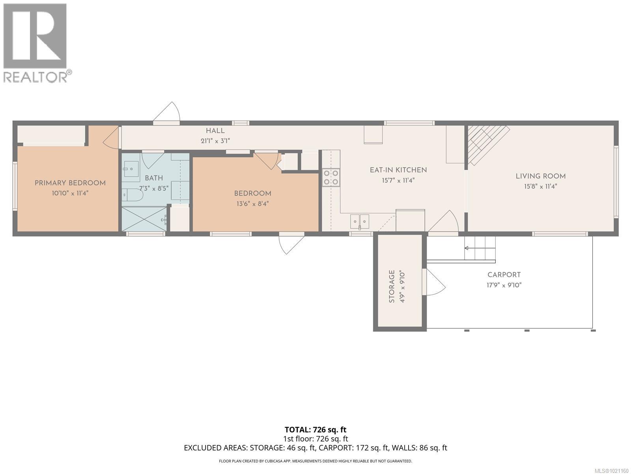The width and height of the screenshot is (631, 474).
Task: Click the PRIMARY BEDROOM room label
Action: tap(70, 183)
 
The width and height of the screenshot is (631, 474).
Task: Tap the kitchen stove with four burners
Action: tap(331, 177)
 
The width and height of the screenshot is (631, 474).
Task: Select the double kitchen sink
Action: tap(360, 221)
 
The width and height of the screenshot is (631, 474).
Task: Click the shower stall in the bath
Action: tap(144, 219)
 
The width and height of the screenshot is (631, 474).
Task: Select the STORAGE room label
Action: tap(392, 286)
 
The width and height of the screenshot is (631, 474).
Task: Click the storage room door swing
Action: tap(435, 282)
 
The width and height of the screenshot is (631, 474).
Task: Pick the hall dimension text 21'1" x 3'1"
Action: tap(215, 141)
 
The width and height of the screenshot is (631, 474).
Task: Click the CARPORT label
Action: tap(504, 275)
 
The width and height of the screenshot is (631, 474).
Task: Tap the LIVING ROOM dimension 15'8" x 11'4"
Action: tap(540, 186)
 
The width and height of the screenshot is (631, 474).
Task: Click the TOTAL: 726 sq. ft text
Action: tap(315, 429)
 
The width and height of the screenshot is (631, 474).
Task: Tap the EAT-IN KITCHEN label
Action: tap(398, 170)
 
